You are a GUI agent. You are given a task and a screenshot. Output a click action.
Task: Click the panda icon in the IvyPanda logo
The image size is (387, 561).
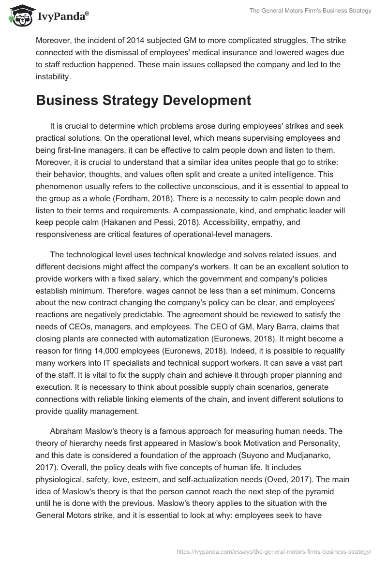[18, 16]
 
